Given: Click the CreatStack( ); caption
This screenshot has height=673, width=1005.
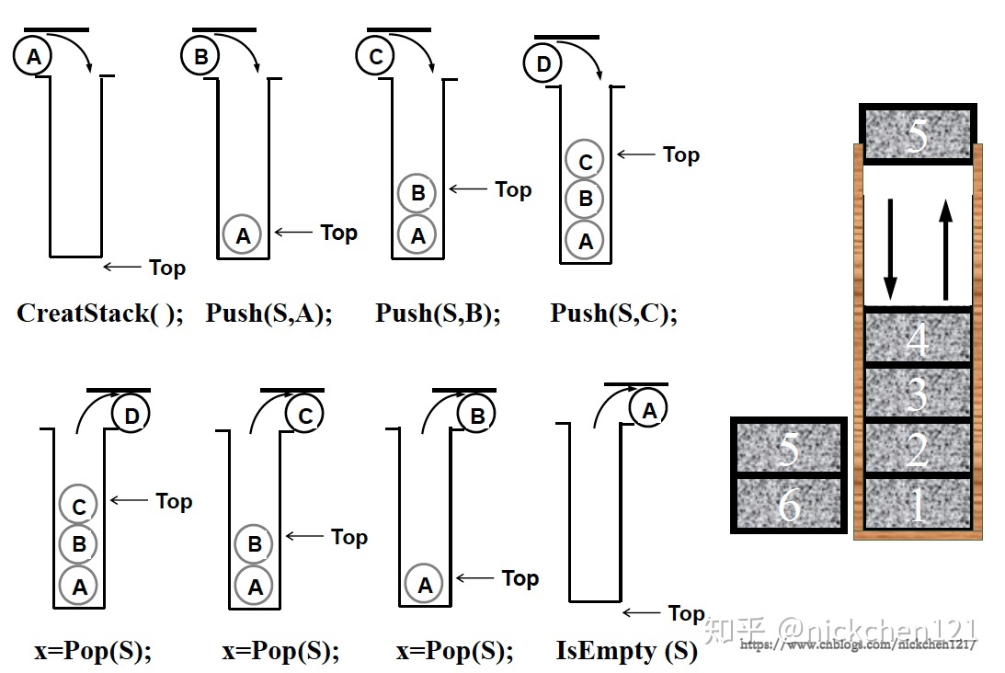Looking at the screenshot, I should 100,314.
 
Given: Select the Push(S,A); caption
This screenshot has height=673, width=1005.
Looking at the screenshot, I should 268,314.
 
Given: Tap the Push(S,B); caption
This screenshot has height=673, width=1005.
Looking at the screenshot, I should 438,314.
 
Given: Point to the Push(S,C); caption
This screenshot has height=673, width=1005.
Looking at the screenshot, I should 613,314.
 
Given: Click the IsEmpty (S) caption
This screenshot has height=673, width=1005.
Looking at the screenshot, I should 626,652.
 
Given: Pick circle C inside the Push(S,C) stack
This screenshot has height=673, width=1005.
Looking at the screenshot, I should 585,160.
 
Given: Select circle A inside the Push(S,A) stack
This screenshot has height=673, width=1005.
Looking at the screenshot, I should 242,235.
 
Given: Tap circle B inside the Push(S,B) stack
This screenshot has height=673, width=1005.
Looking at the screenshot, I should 417,194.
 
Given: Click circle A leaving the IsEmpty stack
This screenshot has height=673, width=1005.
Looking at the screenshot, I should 649,411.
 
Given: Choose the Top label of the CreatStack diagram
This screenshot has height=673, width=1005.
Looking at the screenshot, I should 166,268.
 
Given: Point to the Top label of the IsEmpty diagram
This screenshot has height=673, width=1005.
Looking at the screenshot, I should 686,613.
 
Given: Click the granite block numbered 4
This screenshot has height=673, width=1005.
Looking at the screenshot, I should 917,337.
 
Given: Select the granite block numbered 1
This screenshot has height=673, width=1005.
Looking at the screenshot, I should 917,504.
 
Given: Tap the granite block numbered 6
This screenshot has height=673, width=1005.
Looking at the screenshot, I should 788,504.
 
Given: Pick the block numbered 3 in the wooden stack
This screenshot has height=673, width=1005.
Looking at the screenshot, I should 917,394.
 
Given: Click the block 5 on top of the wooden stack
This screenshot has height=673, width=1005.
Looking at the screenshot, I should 917,134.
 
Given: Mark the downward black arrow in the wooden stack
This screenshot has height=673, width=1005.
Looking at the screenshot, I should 889,244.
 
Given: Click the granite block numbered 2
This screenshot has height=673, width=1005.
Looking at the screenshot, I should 917,450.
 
